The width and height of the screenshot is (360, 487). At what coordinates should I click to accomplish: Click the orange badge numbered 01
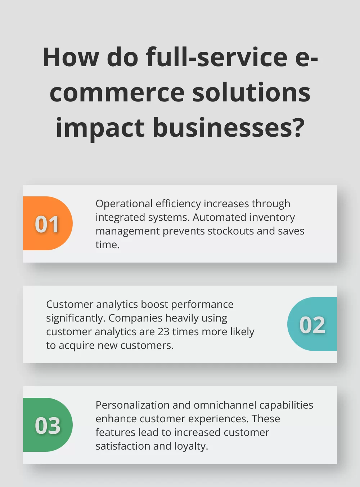point(47,224)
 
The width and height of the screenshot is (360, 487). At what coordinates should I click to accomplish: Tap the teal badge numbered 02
point(312,324)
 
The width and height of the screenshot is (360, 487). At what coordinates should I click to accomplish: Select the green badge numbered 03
point(47,425)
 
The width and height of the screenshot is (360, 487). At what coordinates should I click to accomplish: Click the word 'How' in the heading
point(71,58)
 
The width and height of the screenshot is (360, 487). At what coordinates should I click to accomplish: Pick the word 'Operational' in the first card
point(124,204)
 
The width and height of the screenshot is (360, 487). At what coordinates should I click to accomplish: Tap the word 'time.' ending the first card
point(107,245)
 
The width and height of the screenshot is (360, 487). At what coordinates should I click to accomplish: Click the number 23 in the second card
point(163,332)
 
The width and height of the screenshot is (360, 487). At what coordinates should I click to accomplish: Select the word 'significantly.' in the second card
point(76,318)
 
